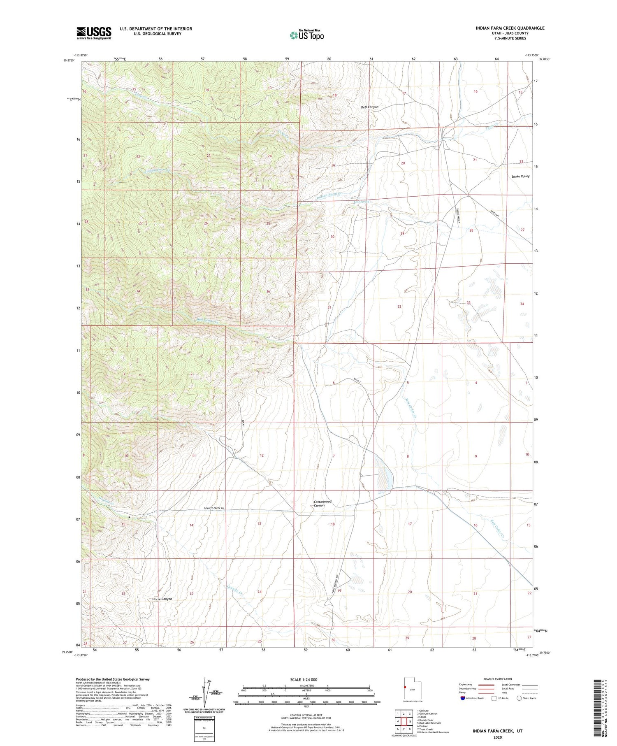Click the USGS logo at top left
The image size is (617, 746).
click(x=94, y=33)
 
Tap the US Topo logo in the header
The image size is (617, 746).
click(x=306, y=35)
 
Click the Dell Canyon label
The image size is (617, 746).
click(x=369, y=107)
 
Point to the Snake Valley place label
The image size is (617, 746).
click(x=520, y=176)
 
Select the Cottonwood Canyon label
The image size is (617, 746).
click(x=322, y=503)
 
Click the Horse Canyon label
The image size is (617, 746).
click(x=162, y=599)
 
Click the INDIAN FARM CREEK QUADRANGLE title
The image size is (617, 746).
click(x=510, y=28)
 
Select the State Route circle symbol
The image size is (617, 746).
click(x=519, y=698)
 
